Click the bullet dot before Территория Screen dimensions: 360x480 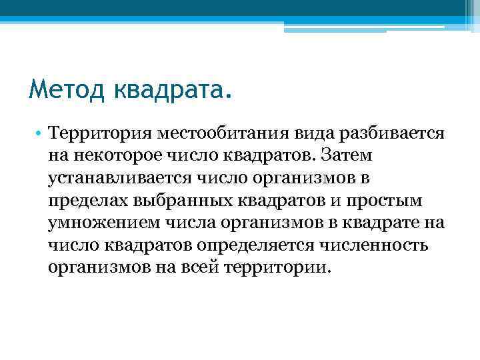[40, 133]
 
